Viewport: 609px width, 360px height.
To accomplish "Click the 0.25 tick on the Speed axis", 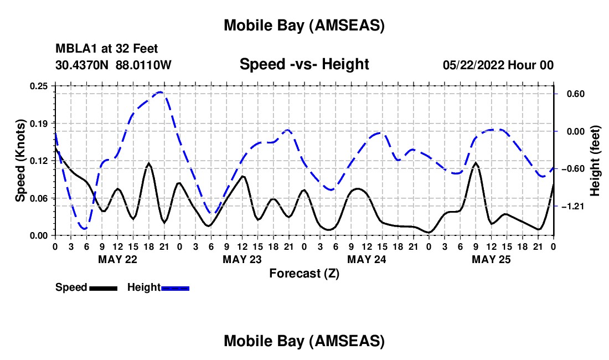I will click(x=40, y=85).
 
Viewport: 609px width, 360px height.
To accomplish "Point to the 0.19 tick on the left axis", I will click(x=40, y=123).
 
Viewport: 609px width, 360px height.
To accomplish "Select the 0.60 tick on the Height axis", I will click(x=572, y=94).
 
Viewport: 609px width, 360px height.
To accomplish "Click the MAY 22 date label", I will click(x=117, y=259).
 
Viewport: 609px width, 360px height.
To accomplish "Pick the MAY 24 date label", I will click(x=367, y=259).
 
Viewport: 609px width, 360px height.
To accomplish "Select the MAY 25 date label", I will click(x=491, y=259).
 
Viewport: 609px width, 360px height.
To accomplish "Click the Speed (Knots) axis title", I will click(x=20, y=161).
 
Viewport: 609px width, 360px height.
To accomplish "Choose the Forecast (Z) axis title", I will click(x=304, y=273).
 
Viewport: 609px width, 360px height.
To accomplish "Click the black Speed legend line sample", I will click(x=103, y=287).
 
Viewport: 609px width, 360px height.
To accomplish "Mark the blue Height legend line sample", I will click(x=175, y=287).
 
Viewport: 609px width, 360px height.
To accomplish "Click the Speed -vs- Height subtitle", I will click(x=304, y=64).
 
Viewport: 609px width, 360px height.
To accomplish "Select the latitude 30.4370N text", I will click(x=82, y=65).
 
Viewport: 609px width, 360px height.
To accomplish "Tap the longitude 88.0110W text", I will click(x=143, y=65).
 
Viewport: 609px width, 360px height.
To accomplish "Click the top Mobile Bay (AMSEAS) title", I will click(x=304, y=25).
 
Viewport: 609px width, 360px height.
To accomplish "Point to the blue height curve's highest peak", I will click(x=161, y=92).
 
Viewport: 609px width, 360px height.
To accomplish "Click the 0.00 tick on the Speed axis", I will click(x=40, y=235).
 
